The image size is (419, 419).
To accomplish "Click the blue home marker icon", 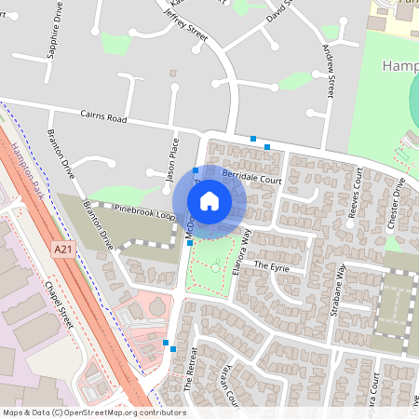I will coord(209,201).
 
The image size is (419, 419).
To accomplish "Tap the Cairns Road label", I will coord(101,116).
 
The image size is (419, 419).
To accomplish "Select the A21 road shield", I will coord(63,250).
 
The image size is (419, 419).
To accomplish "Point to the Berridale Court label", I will coord(251,178).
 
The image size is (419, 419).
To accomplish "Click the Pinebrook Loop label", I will coord(143,211).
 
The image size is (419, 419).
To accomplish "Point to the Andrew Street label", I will coord(328,73).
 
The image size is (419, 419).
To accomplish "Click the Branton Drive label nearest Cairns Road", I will coord(61,155).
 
